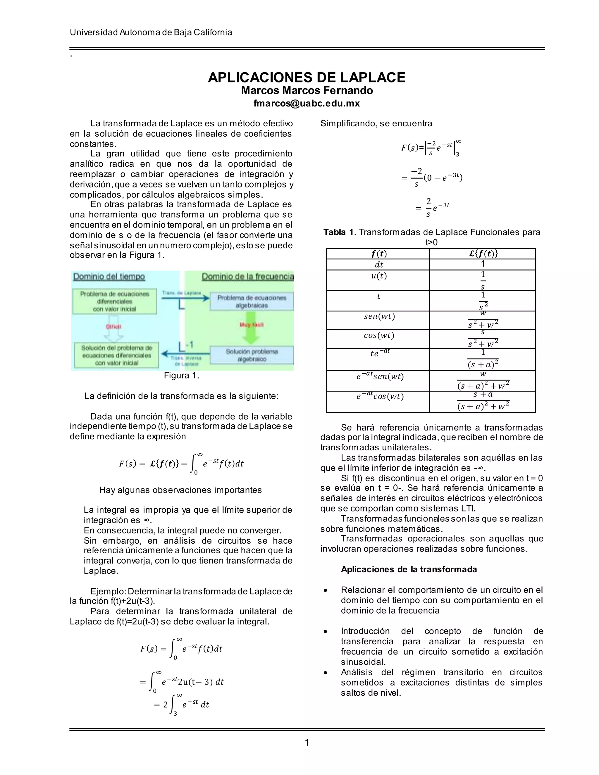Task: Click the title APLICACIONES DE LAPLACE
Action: coord(307,77)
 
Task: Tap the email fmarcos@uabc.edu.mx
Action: coord(307,103)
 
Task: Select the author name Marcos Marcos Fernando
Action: coord(307,90)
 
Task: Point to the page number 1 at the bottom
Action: coord(307,742)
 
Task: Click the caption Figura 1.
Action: coord(181,376)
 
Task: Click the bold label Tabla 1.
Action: coord(340,232)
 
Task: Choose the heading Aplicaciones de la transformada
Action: coord(409,569)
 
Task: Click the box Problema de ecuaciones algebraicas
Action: coord(252,302)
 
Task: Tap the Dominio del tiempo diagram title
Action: coord(109,276)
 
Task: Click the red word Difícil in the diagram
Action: coord(113,326)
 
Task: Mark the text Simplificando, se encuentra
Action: coord(376,123)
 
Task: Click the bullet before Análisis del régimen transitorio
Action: coord(326,672)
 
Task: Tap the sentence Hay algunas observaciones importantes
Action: coord(180,490)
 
